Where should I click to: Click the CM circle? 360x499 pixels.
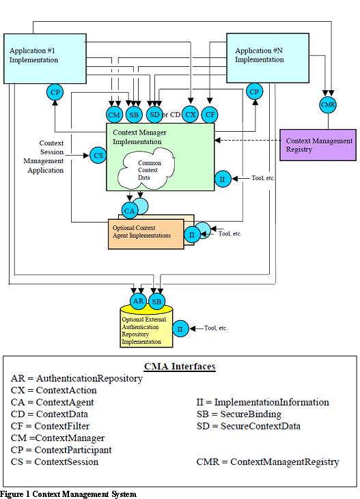coord(115,115)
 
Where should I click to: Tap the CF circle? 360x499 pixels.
coord(210,114)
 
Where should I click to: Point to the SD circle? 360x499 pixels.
coord(154,115)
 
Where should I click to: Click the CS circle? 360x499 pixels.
coord(98,156)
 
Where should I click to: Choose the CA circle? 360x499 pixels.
coord(130,210)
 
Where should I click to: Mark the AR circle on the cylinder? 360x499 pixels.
coord(137,301)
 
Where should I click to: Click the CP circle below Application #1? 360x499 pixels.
coord(55,91)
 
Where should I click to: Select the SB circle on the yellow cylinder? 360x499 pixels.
coord(157,301)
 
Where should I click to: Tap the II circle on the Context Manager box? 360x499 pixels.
coord(221,180)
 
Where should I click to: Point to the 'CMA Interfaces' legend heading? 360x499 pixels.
coord(180,367)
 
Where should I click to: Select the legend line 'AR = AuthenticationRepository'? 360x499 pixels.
coord(77,378)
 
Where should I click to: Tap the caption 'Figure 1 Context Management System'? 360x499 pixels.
coord(68,494)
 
